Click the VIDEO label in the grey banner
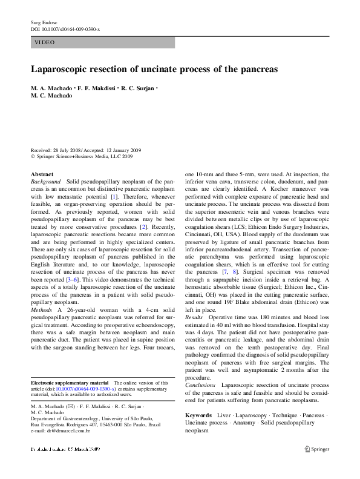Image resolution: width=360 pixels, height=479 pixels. (45, 42)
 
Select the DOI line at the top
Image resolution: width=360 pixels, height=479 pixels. (65, 28)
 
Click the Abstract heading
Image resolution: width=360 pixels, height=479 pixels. (42, 174)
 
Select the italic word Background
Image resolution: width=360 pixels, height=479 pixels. (46, 181)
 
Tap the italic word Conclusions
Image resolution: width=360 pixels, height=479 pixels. (201, 385)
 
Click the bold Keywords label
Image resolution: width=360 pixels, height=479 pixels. (198, 415)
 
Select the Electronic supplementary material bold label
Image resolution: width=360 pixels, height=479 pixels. (70, 383)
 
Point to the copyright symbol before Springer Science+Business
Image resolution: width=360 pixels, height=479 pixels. (33, 156)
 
